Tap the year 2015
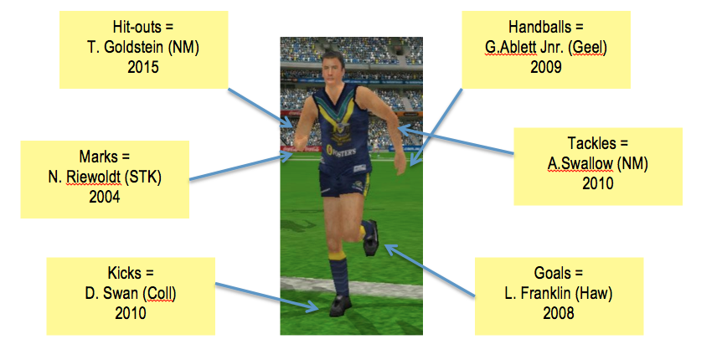click(x=143, y=67)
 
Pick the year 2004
click(x=105, y=197)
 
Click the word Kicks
click(x=123, y=274)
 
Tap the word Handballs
click(x=539, y=27)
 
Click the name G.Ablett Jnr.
click(x=524, y=48)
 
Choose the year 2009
click(x=546, y=67)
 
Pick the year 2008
click(x=559, y=313)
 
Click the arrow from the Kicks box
click(x=266, y=296)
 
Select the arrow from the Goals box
click(x=430, y=270)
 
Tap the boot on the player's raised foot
click(x=371, y=238)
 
